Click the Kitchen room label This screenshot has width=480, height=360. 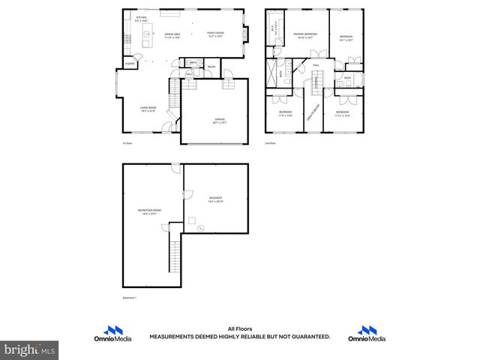[x=141, y=19]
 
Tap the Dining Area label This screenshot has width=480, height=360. [x=173, y=35]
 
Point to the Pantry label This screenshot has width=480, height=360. [x=130, y=64]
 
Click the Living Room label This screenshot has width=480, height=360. [x=147, y=109]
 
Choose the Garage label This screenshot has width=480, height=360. [x=220, y=119]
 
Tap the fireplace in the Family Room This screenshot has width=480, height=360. [x=246, y=32]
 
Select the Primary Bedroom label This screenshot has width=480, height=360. [x=304, y=34]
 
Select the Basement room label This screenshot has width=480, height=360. [x=216, y=200]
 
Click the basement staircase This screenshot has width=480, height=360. [x=175, y=256]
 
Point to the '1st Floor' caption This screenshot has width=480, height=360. [x=127, y=142]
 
